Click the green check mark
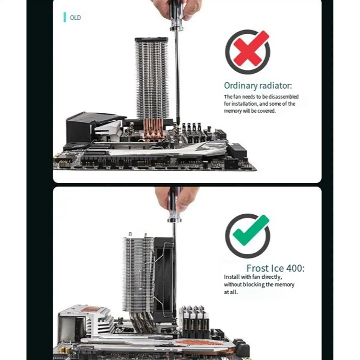(251, 231)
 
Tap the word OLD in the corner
(75, 18)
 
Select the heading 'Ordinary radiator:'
(258, 86)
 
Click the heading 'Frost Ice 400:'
(275, 268)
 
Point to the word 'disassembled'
(283, 97)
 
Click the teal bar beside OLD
(64, 17)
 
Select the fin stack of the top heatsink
(151, 79)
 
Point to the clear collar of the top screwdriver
(176, 28)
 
